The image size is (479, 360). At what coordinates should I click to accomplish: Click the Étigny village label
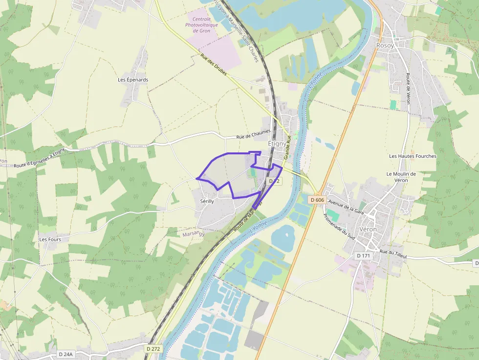[277, 144]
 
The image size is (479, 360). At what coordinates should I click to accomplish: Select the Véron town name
[367, 229]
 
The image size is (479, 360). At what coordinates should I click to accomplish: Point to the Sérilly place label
[207, 201]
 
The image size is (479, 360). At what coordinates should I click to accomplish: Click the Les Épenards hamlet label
[133, 80]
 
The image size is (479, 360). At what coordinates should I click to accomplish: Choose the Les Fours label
[50, 239]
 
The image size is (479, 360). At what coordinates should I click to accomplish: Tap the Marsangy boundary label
[193, 233]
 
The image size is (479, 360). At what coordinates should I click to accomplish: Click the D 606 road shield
[317, 200]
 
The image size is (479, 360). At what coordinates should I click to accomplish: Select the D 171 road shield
[363, 255]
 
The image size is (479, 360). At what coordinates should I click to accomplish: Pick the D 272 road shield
[153, 349]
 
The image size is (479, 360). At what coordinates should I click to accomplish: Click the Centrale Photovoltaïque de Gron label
[198, 25]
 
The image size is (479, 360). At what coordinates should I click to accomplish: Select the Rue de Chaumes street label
[253, 137]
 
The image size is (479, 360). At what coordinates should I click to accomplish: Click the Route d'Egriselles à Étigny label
[39, 158]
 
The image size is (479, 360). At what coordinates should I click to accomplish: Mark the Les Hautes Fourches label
[413, 156]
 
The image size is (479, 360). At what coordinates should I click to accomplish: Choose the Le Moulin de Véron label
[401, 177]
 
